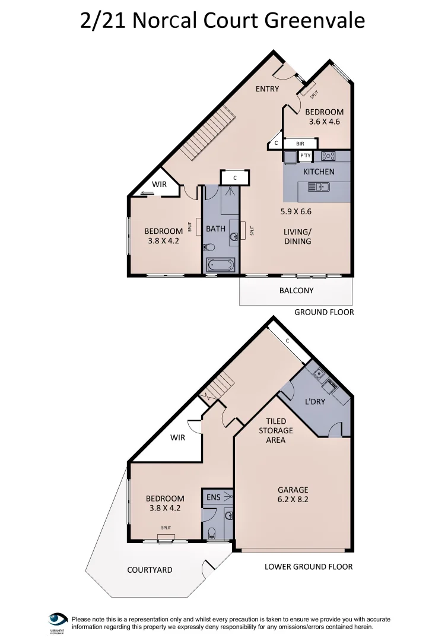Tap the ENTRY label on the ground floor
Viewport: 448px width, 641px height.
click(267, 89)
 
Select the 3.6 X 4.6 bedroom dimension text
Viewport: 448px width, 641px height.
click(324, 122)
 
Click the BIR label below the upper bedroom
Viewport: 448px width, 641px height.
click(300, 144)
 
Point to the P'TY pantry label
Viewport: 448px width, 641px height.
click(306, 156)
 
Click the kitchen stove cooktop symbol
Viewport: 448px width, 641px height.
click(328, 156)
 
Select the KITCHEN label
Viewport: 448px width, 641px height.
click(319, 172)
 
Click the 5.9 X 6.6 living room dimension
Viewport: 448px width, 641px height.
click(296, 211)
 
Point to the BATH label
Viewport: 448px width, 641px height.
click(215, 229)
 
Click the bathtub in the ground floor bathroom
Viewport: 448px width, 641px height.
click(221, 265)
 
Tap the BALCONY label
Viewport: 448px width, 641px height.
click(296, 291)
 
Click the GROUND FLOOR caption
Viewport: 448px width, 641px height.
click(324, 312)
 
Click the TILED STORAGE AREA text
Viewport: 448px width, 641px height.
click(276, 430)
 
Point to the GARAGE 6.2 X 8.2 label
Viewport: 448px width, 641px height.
click(293, 494)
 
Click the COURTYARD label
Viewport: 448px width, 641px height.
click(150, 570)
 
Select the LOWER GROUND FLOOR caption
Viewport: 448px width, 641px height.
click(309, 567)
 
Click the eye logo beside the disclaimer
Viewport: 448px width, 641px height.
click(58, 620)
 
